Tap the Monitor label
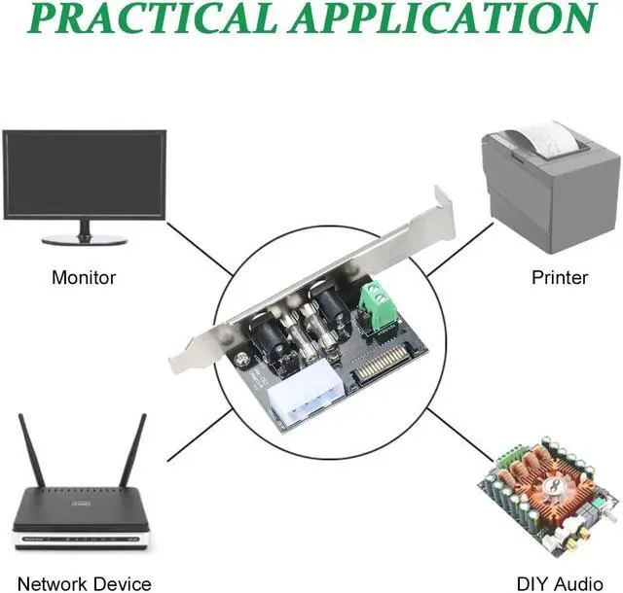[83, 278]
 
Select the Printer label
[560, 278]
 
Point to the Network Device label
[84, 583]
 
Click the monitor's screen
[84, 174]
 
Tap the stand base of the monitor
[84, 238]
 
